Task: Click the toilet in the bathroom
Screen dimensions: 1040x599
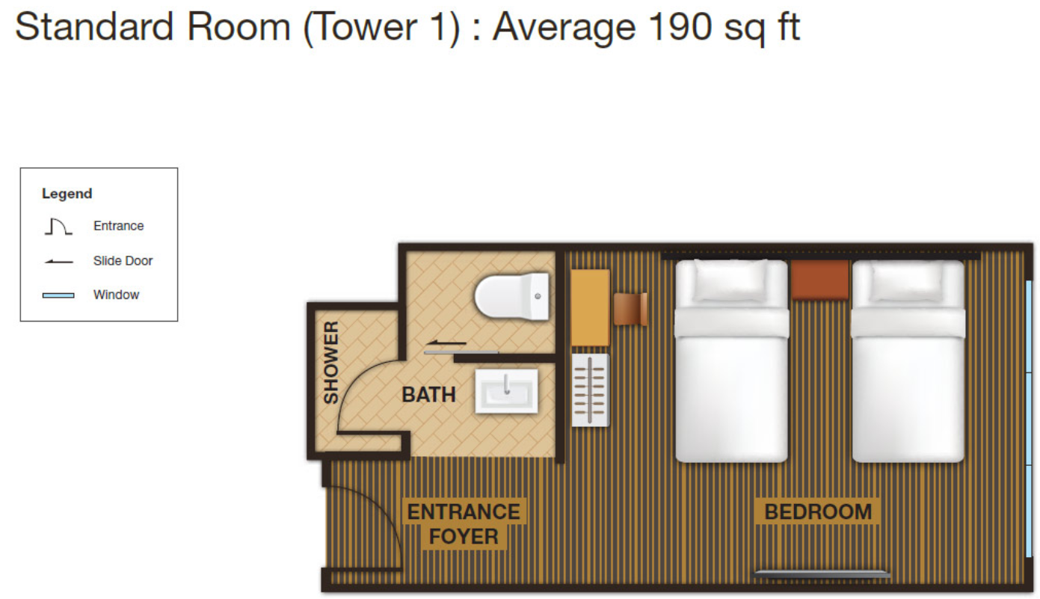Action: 511,296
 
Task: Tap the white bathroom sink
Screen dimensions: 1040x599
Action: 506,391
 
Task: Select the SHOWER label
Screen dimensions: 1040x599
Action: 331,362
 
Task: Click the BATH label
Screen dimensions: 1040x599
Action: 428,395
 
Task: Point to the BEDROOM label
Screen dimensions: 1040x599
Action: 818,512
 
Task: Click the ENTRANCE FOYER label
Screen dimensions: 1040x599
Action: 464,524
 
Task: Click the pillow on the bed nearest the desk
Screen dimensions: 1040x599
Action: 731,280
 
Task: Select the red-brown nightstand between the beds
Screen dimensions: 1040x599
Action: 820,280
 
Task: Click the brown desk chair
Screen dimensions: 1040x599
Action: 630,309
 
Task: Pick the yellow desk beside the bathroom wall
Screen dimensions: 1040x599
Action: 590,307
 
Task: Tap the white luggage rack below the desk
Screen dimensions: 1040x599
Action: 590,390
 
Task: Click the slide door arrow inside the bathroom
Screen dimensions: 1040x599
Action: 446,343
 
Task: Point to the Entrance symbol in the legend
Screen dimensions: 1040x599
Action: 58,227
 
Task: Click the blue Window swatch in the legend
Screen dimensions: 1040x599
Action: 58,295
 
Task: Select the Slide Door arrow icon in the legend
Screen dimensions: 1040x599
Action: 58,262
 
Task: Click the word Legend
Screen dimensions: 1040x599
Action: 67,194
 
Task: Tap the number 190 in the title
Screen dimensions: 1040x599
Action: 680,26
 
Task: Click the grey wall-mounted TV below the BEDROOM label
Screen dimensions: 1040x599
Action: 822,574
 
